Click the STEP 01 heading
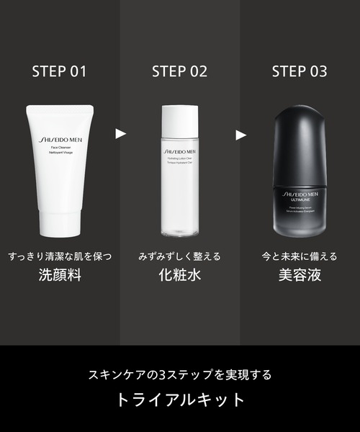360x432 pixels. (x=60, y=71)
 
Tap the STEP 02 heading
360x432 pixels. (x=179, y=71)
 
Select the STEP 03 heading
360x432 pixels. (x=299, y=71)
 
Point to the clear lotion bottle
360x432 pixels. (x=179, y=180)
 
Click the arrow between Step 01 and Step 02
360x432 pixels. (x=120, y=133)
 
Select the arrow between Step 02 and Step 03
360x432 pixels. (x=240, y=133)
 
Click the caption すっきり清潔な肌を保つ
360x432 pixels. (x=60, y=256)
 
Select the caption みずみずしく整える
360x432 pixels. (x=179, y=256)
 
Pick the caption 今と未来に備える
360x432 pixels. (x=299, y=256)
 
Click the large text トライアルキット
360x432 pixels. (x=179, y=400)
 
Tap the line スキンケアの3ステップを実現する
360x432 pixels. (x=179, y=375)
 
